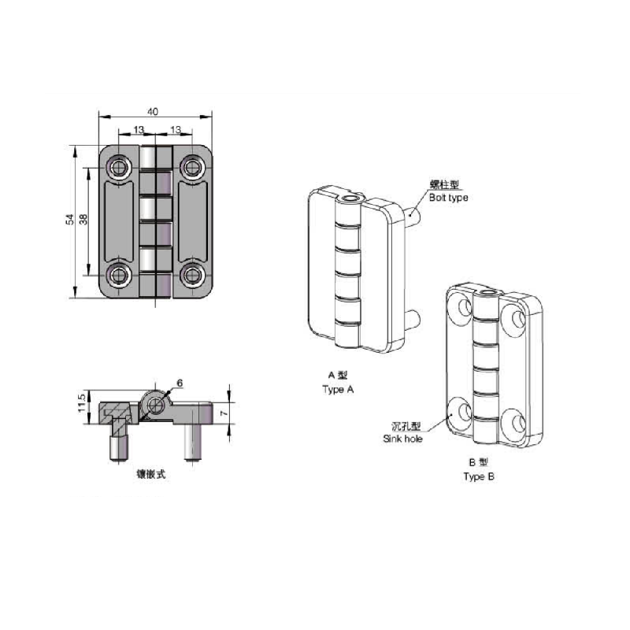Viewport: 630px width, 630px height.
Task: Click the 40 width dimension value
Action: (153, 111)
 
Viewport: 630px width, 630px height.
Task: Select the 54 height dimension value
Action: (70, 220)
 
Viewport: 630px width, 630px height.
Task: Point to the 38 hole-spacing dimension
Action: (83, 220)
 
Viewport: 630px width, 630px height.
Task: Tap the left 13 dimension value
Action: (139, 130)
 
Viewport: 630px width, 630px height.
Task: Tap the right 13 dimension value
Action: (176, 130)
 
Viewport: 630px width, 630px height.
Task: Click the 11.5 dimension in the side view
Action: (82, 402)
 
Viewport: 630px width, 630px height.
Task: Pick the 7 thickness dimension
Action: (224, 413)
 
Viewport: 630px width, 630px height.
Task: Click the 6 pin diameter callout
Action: (180, 384)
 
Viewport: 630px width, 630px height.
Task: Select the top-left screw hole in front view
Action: (118, 167)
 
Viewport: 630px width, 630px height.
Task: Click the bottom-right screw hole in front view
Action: (192, 276)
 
